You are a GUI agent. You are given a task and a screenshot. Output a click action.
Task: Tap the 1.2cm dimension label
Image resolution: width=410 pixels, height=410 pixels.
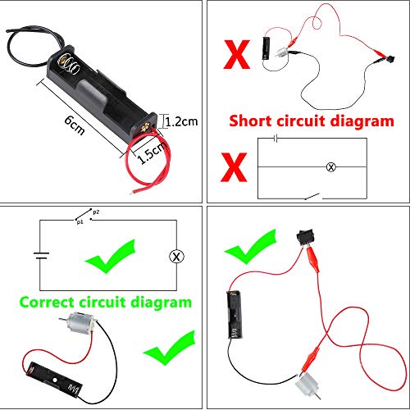181,121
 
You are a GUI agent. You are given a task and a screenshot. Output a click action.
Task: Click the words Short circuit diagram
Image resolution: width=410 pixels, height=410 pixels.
311,121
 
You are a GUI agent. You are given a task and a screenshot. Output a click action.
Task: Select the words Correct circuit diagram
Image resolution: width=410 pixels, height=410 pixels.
104,302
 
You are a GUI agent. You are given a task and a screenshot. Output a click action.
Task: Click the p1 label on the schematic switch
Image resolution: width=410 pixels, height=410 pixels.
79,221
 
